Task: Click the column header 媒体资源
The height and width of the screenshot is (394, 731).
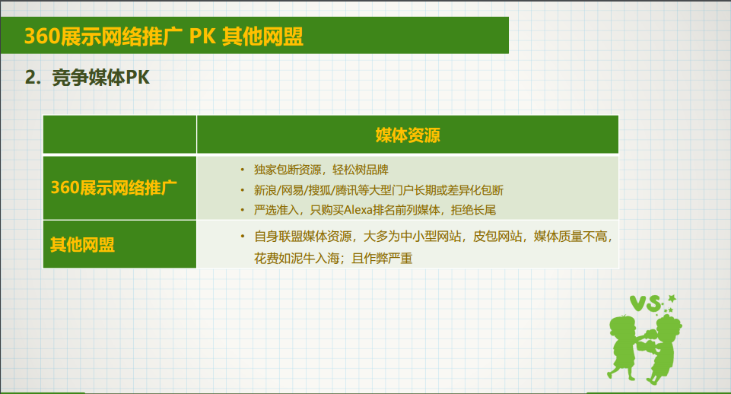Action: point(408,135)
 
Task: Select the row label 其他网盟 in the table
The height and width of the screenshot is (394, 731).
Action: point(82,245)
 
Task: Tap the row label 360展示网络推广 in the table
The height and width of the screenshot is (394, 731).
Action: point(114,188)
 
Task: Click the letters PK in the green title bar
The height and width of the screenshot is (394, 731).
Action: point(202,37)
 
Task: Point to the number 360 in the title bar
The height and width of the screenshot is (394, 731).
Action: point(42,37)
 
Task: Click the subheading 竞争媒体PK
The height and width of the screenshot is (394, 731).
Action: point(100,78)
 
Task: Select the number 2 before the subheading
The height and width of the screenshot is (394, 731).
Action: point(30,78)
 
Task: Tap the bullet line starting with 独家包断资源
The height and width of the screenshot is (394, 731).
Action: point(321,170)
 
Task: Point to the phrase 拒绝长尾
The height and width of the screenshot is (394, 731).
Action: point(473,210)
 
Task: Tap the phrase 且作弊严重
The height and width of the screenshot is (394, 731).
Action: point(383,259)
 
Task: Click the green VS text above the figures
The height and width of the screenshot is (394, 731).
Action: point(646,303)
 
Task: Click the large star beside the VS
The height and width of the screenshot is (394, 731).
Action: point(672,297)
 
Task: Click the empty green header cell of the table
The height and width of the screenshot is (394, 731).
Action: point(120,135)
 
